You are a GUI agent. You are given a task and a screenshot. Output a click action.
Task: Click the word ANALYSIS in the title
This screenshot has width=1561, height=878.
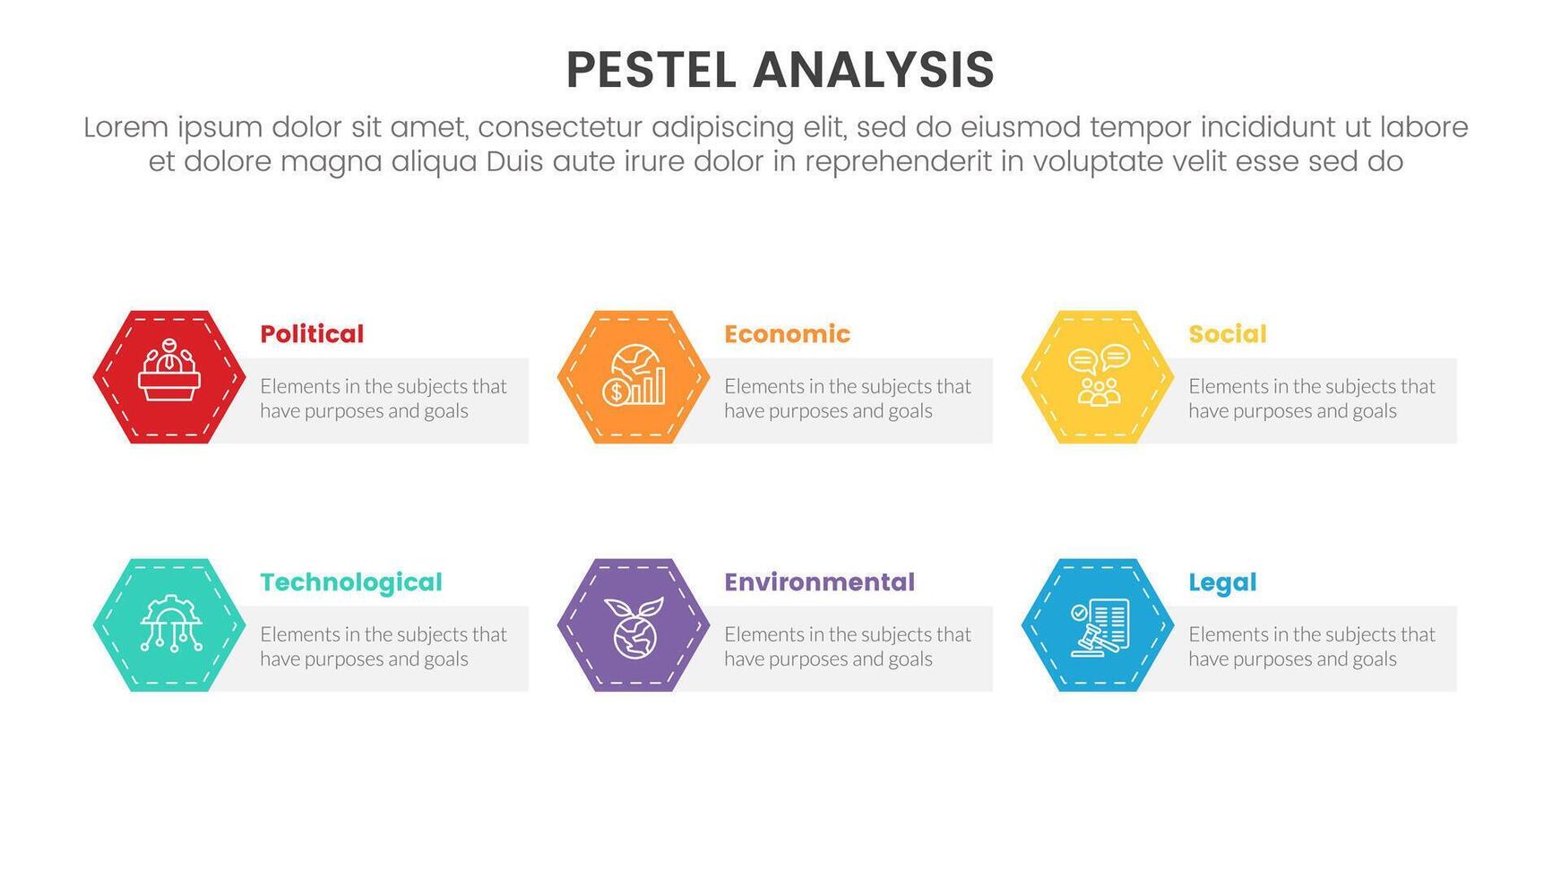[x=874, y=70]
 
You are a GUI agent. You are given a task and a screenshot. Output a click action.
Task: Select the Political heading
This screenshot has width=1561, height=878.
[x=312, y=334]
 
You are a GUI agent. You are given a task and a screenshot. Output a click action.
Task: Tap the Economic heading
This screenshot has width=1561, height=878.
[x=787, y=334]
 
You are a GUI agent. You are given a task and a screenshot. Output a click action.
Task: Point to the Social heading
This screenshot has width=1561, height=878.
[x=1227, y=334]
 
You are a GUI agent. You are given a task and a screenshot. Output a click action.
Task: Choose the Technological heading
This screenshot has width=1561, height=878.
[x=351, y=582]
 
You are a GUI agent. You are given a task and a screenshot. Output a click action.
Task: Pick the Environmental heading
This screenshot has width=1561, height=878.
[x=819, y=582]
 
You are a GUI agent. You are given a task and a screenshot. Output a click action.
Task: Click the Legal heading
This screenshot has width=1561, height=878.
[x=1222, y=582]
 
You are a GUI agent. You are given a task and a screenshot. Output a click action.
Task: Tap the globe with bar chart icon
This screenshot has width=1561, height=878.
[x=634, y=376]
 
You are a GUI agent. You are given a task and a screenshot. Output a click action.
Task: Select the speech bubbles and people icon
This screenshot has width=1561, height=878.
[x=1099, y=376]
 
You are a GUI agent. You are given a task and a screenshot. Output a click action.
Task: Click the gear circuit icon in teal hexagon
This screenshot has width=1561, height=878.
[x=170, y=624]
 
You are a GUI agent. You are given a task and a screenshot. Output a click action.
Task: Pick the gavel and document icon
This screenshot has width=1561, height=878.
[x=1100, y=625]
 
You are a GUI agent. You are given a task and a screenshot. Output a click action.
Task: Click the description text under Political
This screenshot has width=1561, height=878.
[x=383, y=399]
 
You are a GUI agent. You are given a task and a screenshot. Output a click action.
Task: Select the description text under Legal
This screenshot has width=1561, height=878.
[x=1311, y=647]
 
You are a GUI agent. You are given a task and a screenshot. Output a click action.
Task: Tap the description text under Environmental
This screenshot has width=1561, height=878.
[x=847, y=647]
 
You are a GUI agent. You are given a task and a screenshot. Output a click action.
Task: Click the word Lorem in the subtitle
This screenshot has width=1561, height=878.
[x=125, y=128]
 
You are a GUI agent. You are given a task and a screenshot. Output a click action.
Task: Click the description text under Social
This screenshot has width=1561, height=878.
[x=1311, y=399]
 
